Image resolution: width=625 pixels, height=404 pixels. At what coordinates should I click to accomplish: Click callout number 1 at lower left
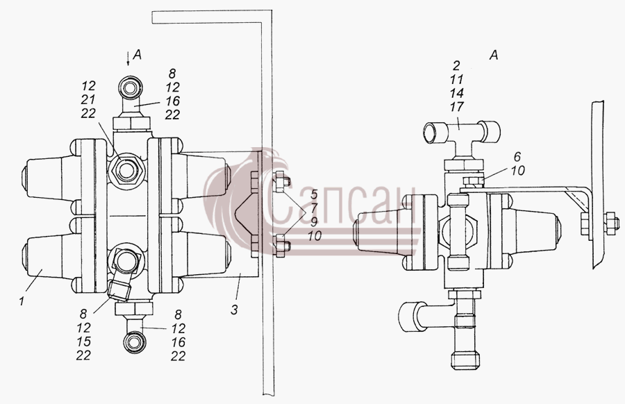tap(22, 301)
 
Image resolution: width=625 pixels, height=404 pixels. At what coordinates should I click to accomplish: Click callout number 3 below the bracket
tap(235, 309)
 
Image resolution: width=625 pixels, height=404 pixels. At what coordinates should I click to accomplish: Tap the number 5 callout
tap(314, 195)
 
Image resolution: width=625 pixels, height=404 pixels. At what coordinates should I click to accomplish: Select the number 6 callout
tap(517, 157)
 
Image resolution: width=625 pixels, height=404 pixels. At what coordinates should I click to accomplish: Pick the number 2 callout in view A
tap(456, 65)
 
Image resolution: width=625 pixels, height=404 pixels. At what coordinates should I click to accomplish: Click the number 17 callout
tap(456, 107)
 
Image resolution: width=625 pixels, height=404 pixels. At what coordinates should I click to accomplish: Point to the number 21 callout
tap(88, 99)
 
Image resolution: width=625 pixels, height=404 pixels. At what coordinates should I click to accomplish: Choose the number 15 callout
tap(84, 342)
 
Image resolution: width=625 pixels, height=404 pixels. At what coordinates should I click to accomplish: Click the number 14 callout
tap(456, 93)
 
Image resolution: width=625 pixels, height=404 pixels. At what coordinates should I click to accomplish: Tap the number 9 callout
tap(314, 222)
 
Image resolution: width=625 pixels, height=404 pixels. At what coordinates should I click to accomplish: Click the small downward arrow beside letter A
tap(128, 58)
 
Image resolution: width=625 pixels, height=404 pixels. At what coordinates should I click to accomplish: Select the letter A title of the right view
tap(494, 55)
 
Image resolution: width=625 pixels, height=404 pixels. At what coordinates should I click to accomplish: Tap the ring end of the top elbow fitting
tap(131, 85)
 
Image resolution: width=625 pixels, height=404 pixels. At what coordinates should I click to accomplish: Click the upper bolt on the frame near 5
tap(281, 182)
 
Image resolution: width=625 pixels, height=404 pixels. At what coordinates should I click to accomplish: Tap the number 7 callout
tap(314, 208)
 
